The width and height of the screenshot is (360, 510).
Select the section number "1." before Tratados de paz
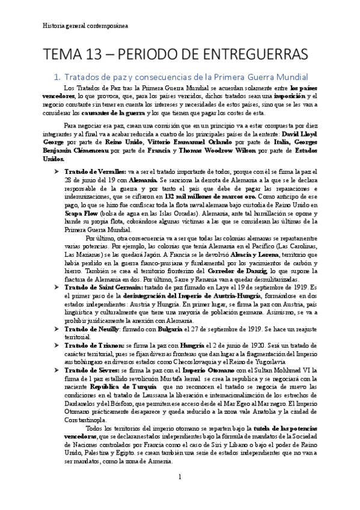[75, 78]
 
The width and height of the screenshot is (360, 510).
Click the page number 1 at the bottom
[180, 476]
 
